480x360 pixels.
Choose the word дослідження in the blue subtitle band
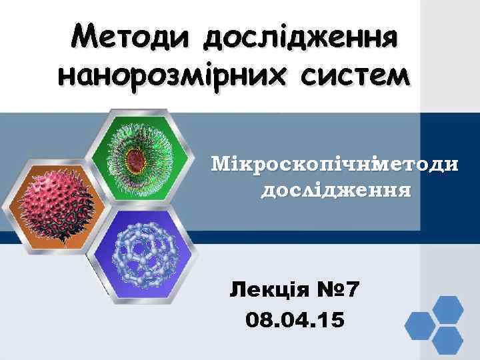(x=335, y=191)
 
